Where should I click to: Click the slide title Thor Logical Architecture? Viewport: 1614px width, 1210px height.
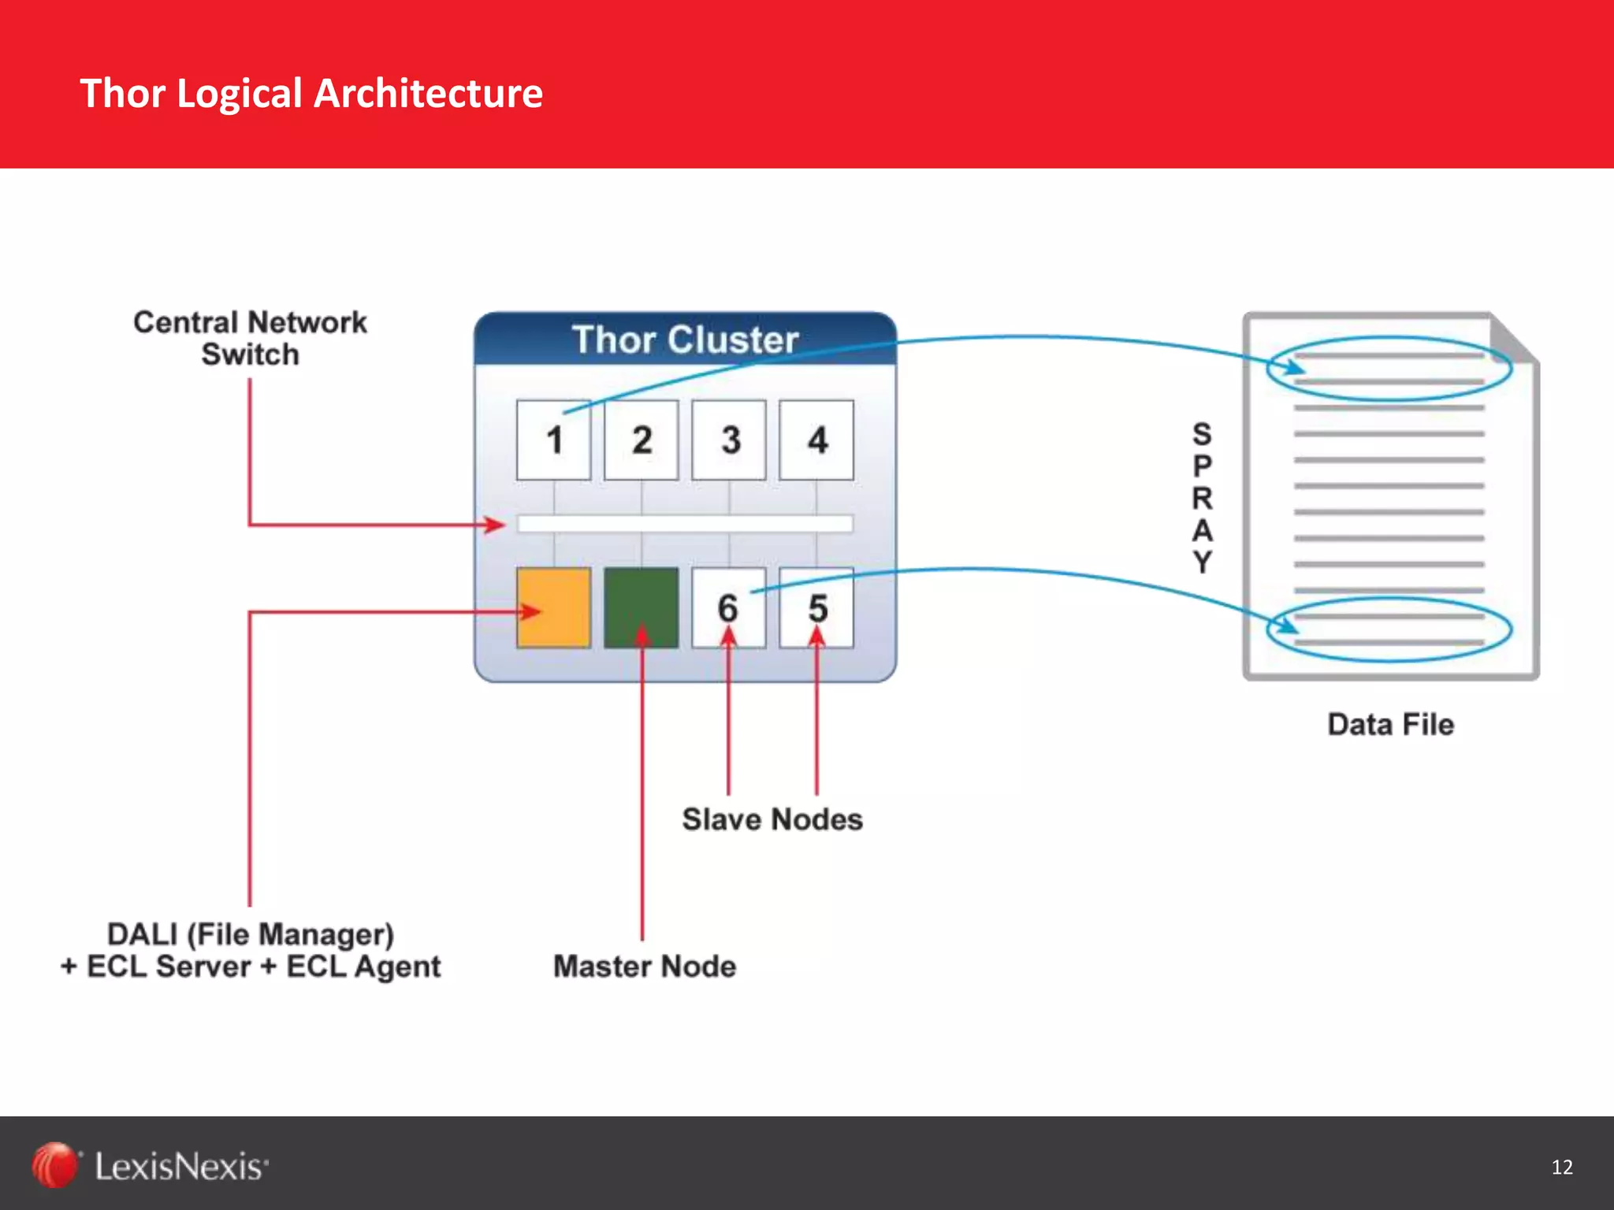pyautogui.click(x=311, y=93)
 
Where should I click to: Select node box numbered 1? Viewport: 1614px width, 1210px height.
pyautogui.click(x=554, y=440)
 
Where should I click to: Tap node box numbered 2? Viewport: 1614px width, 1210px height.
pyautogui.click(x=642, y=440)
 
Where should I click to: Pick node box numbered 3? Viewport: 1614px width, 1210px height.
pyautogui.click(x=729, y=440)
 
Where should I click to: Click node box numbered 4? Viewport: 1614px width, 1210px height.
pyautogui.click(x=816, y=440)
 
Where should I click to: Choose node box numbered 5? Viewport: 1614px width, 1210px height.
pyautogui.click(x=816, y=608)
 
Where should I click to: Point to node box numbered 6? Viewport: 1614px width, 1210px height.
pyautogui.click(x=729, y=608)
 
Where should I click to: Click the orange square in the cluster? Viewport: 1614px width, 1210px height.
pyautogui.click(x=554, y=608)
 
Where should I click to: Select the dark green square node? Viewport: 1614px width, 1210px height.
pyautogui.click(x=642, y=608)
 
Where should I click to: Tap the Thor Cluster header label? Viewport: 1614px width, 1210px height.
pyautogui.click(x=685, y=340)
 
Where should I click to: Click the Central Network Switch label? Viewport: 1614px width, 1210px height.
pyautogui.click(x=250, y=338)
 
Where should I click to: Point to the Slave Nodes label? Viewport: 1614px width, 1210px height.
pyautogui.click(x=772, y=819)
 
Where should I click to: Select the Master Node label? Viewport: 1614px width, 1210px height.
pyautogui.click(x=645, y=967)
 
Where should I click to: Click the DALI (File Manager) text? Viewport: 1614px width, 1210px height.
pyautogui.click(x=251, y=935)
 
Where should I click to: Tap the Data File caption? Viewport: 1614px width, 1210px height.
pyautogui.click(x=1391, y=724)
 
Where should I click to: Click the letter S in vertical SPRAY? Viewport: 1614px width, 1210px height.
pyautogui.click(x=1202, y=434)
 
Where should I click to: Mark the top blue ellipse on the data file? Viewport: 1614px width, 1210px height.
pyautogui.click(x=1389, y=369)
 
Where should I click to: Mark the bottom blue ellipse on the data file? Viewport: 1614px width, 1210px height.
pyautogui.click(x=1389, y=629)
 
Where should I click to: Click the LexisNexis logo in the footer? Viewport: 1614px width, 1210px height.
pyautogui.click(x=150, y=1166)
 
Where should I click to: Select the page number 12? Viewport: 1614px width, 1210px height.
pyautogui.click(x=1562, y=1167)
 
